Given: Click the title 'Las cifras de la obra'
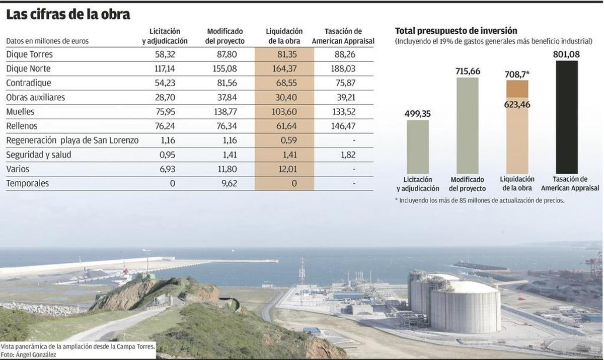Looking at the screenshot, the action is [x=68, y=15].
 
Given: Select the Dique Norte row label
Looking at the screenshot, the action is [x=28, y=68].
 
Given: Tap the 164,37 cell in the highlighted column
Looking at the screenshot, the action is [x=284, y=68].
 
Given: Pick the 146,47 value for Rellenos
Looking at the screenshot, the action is [x=344, y=126].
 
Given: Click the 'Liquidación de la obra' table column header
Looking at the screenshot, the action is [x=284, y=36].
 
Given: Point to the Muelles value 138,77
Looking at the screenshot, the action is [x=225, y=112].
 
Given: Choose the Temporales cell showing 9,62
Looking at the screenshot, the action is [x=229, y=183].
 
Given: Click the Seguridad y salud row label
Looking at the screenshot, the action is [x=39, y=155].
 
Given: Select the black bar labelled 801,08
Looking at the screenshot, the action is [x=567, y=117].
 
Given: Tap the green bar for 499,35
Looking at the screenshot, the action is [x=418, y=147].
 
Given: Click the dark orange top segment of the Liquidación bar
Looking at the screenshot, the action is [x=517, y=89].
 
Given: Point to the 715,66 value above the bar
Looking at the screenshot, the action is [x=468, y=71].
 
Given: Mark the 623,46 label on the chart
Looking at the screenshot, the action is [x=517, y=104].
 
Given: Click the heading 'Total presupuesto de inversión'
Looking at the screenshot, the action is [x=456, y=31].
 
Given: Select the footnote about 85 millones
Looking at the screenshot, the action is [x=479, y=200].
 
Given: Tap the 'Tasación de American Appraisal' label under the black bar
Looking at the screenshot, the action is [x=570, y=184].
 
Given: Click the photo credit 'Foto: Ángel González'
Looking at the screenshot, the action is [x=28, y=354].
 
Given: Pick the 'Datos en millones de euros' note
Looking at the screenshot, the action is [x=47, y=41].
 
